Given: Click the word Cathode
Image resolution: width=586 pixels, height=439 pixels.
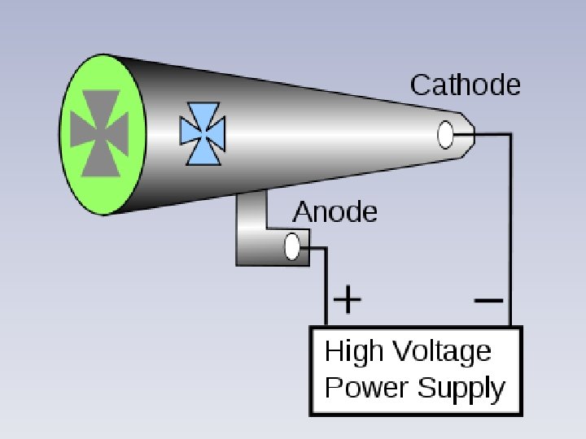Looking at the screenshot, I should [465, 85].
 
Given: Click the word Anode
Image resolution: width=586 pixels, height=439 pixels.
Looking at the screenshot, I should [335, 212].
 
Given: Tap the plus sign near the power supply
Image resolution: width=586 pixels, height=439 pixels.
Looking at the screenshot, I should [348, 301].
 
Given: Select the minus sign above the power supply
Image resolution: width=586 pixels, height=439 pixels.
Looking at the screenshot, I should [488, 300].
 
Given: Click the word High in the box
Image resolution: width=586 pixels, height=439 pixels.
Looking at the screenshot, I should [352, 353].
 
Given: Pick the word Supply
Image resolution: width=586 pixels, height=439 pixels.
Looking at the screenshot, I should [461, 389].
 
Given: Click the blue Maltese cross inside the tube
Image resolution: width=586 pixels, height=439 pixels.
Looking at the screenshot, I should [202, 133].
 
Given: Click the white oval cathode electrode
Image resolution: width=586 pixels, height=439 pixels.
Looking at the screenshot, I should [446, 135].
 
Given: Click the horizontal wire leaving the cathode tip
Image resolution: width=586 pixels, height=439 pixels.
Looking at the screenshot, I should [493, 134].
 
